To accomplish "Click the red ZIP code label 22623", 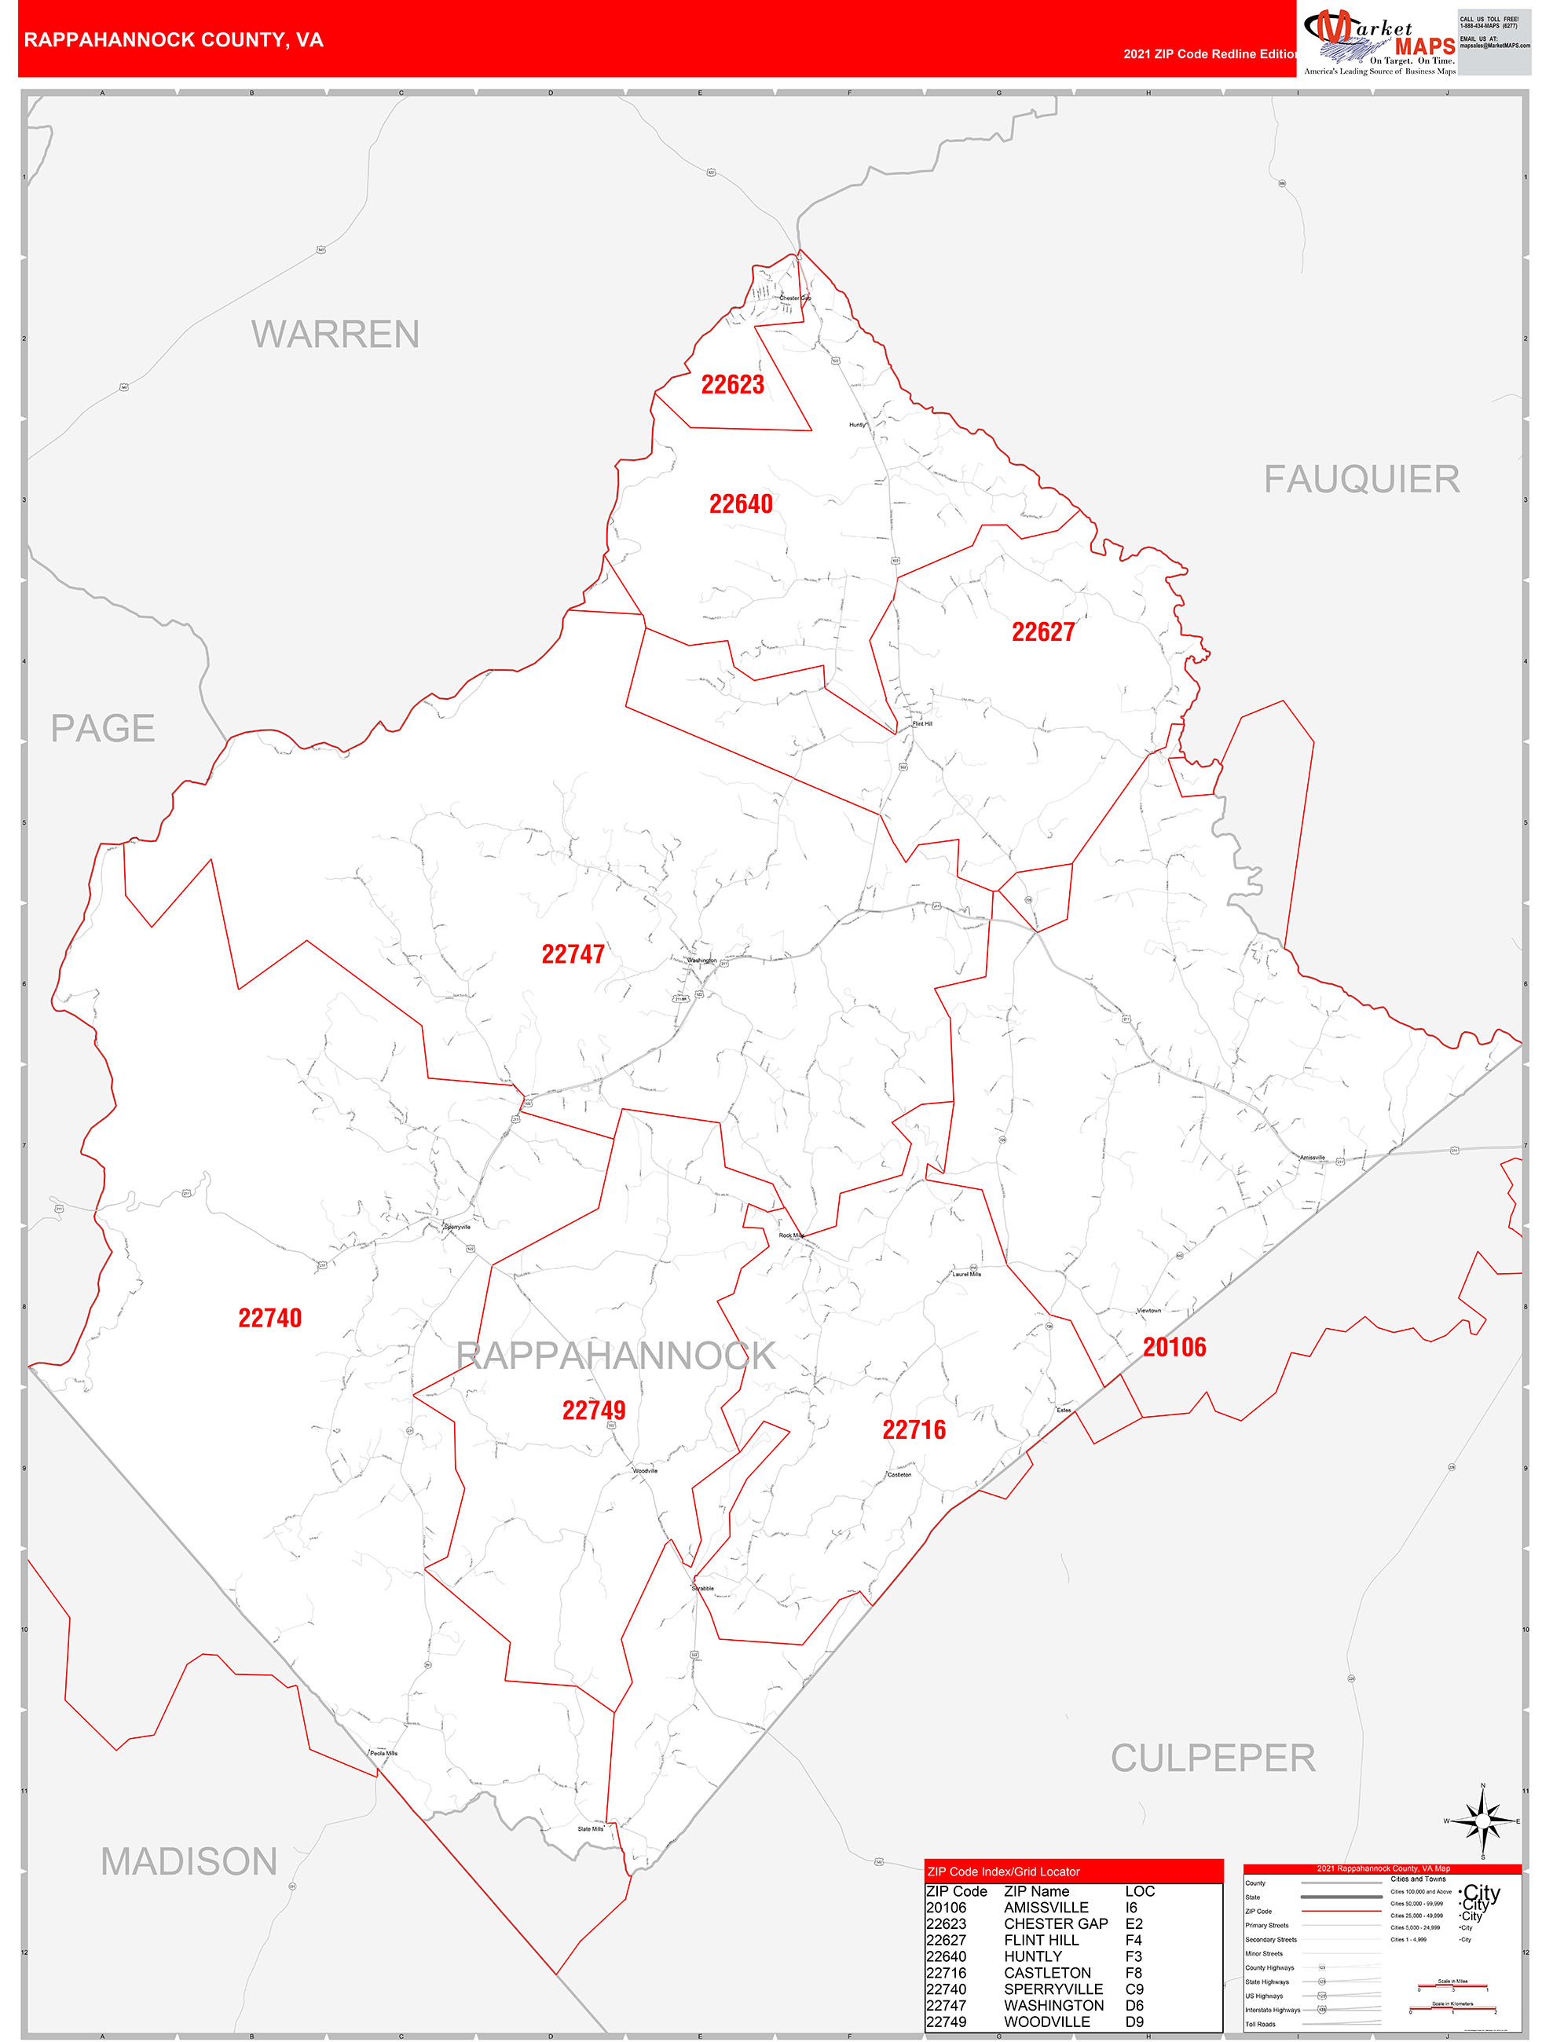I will pyautogui.click(x=732, y=384).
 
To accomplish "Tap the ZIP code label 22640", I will pyautogui.click(x=741, y=503).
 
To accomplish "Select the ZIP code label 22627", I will pyautogui.click(x=1042, y=631).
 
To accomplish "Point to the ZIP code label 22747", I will pyautogui.click(x=573, y=953).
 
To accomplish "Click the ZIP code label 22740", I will pyautogui.click(x=269, y=1317).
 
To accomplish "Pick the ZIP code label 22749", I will pyautogui.click(x=594, y=1410).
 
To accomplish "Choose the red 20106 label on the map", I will pyautogui.click(x=1174, y=1347).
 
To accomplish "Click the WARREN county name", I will pyautogui.click(x=335, y=334).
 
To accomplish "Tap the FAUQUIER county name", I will pyautogui.click(x=1361, y=479).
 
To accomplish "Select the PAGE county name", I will pyautogui.click(x=102, y=728).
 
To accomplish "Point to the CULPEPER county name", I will pyautogui.click(x=1212, y=1758).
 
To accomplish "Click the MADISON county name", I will pyautogui.click(x=189, y=1862).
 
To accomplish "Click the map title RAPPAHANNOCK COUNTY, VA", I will pyautogui.click(x=174, y=40).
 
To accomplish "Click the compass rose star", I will pyautogui.click(x=1483, y=1821).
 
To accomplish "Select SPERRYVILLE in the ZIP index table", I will pyautogui.click(x=1053, y=1989).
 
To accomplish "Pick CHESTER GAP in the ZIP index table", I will pyautogui.click(x=1056, y=1923).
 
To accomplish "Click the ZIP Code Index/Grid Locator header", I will pyautogui.click(x=1003, y=1872).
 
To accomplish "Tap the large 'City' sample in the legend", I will pyautogui.click(x=1481, y=1893).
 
